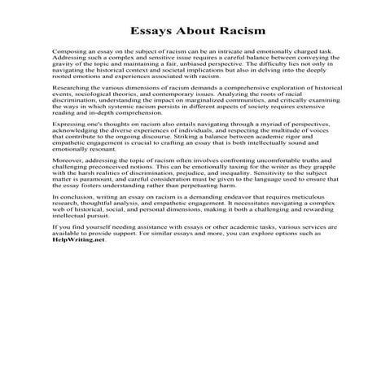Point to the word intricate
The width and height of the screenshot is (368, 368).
pos(252,72)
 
